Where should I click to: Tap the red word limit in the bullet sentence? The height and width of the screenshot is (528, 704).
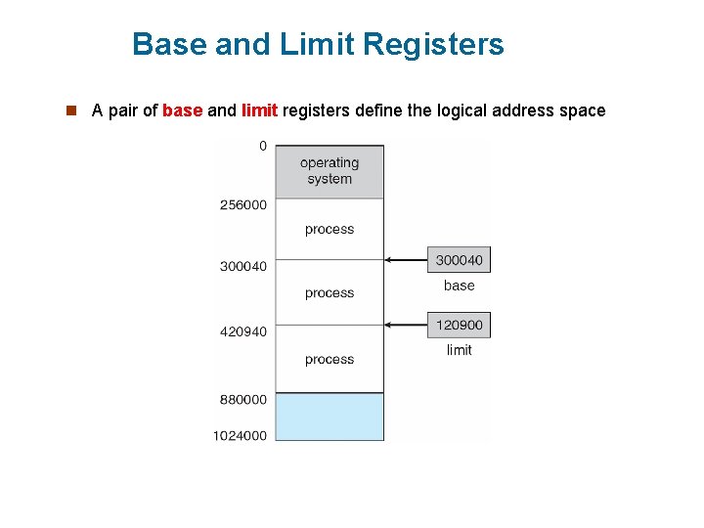pyautogui.click(x=259, y=110)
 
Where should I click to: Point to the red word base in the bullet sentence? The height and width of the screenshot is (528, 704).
pyautogui.click(x=182, y=110)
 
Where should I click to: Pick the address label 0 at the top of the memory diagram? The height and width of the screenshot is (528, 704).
pyautogui.click(x=262, y=146)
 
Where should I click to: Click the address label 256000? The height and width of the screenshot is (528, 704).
pyautogui.click(x=243, y=204)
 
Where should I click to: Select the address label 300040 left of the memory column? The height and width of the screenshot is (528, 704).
pyautogui.click(x=243, y=265)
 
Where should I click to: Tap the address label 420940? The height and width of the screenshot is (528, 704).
pyautogui.click(x=243, y=331)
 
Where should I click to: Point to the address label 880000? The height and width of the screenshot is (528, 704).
pyautogui.click(x=243, y=399)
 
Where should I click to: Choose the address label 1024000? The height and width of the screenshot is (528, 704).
pyautogui.click(x=241, y=435)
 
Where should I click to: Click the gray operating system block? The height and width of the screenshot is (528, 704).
pyautogui.click(x=330, y=171)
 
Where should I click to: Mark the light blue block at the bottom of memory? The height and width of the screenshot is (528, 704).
pyautogui.click(x=330, y=418)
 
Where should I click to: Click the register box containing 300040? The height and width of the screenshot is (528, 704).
pyautogui.click(x=459, y=260)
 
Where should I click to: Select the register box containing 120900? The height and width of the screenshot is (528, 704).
pyautogui.click(x=459, y=325)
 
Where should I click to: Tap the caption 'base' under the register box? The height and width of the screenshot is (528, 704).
pyautogui.click(x=459, y=286)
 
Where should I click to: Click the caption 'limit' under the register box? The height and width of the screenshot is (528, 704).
pyautogui.click(x=459, y=350)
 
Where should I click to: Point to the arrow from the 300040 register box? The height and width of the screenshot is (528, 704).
pyautogui.click(x=406, y=260)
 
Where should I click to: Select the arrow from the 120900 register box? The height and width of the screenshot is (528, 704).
pyautogui.click(x=406, y=325)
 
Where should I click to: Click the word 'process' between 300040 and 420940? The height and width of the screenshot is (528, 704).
pyautogui.click(x=330, y=292)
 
